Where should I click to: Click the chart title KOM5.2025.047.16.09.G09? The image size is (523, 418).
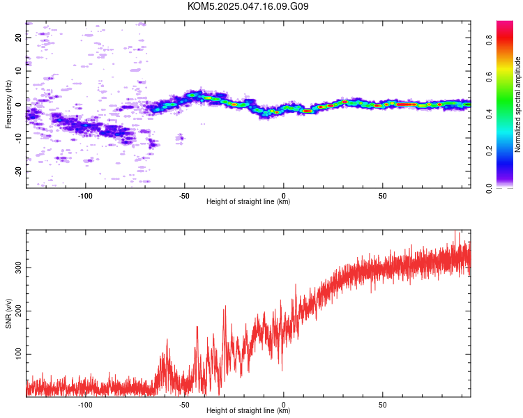[248, 6]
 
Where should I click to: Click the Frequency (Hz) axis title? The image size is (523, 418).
[8, 104]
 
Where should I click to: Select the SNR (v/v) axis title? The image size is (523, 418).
[8, 313]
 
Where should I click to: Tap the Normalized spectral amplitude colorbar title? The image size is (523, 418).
[517, 104]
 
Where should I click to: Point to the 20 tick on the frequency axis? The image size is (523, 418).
[18, 38]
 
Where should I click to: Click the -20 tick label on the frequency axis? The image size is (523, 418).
[18, 171]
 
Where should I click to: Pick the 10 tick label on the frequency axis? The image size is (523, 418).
[18, 71]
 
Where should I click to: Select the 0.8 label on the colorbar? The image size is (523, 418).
[489, 40]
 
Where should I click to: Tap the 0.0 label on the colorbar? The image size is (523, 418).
[489, 188]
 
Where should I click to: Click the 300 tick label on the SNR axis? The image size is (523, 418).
[18, 268]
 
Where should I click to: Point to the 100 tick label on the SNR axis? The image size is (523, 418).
[18, 354]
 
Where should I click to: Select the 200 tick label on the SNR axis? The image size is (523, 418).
[18, 311]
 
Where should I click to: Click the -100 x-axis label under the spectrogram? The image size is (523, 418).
[85, 196]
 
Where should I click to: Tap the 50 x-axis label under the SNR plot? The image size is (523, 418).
[383, 405]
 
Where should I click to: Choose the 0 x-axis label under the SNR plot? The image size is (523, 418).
[284, 405]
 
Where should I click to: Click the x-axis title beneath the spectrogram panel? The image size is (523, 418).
[248, 201]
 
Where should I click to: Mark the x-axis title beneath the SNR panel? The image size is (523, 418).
[248, 410]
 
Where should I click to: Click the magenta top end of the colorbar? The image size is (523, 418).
[505, 22]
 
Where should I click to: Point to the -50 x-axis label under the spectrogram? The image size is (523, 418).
[184, 196]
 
